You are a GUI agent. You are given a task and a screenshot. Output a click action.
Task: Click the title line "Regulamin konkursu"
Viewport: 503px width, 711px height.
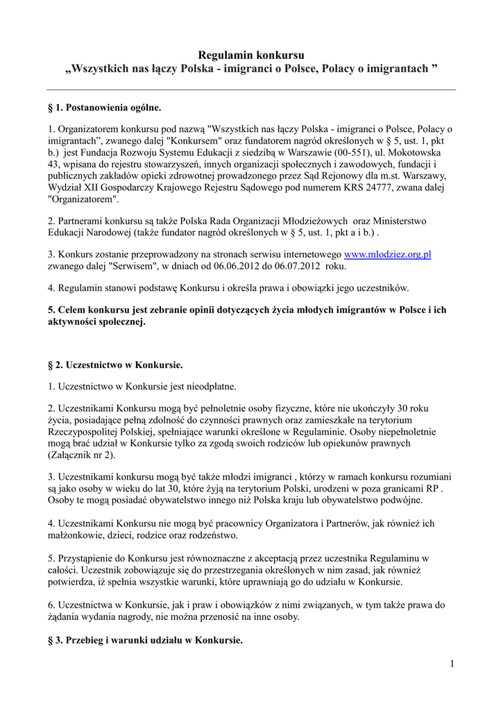[x=251, y=55]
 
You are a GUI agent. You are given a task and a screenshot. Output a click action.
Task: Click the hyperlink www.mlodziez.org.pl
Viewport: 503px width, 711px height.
[x=388, y=255]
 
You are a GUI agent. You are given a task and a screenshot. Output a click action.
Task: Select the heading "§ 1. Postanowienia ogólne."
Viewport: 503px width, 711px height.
[x=104, y=108]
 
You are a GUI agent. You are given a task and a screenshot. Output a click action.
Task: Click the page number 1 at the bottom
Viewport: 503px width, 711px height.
[x=452, y=665]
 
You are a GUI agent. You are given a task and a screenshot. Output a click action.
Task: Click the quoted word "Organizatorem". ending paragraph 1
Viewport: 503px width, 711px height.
[x=84, y=199]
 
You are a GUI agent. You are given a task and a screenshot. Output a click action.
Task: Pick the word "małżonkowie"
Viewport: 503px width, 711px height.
[x=76, y=535]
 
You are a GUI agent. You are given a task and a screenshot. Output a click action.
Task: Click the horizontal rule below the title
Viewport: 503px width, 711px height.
[x=251, y=90]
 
